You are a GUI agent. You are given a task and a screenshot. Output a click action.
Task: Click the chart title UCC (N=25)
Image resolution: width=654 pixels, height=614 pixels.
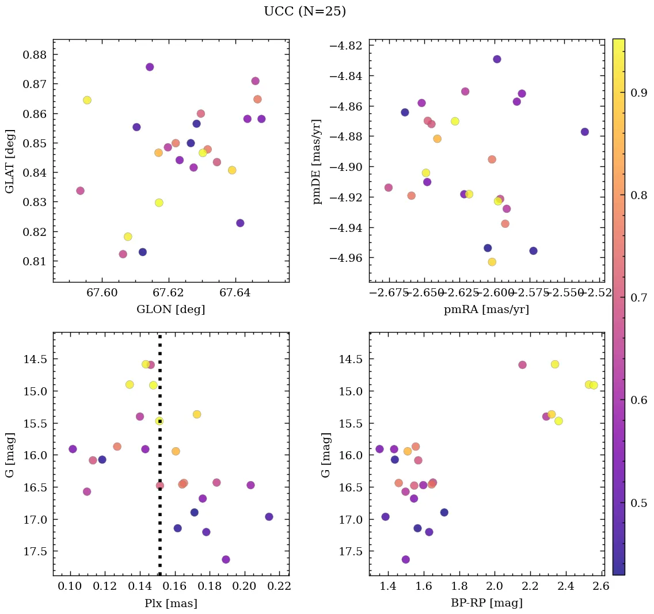(x=305, y=12)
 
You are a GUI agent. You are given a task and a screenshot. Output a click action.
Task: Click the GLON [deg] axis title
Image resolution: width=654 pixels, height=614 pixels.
(x=170, y=309)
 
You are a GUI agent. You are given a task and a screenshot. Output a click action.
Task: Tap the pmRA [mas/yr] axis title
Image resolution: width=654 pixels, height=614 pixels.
(x=486, y=309)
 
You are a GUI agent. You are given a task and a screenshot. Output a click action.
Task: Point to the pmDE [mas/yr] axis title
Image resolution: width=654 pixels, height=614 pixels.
(x=317, y=162)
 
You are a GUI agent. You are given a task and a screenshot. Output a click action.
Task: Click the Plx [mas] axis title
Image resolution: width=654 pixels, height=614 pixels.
(x=170, y=603)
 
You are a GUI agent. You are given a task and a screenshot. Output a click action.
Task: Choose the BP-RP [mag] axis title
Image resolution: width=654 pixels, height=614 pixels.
(x=486, y=603)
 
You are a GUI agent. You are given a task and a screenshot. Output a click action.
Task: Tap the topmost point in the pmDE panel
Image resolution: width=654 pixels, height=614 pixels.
(x=497, y=59)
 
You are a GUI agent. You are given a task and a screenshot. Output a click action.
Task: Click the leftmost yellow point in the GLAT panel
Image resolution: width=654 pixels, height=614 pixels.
(x=87, y=100)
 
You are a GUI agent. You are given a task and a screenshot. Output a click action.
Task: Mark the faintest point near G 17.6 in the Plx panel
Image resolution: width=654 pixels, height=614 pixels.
(x=226, y=559)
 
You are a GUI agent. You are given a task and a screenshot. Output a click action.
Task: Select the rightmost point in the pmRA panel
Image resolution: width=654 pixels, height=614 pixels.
(x=585, y=132)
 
